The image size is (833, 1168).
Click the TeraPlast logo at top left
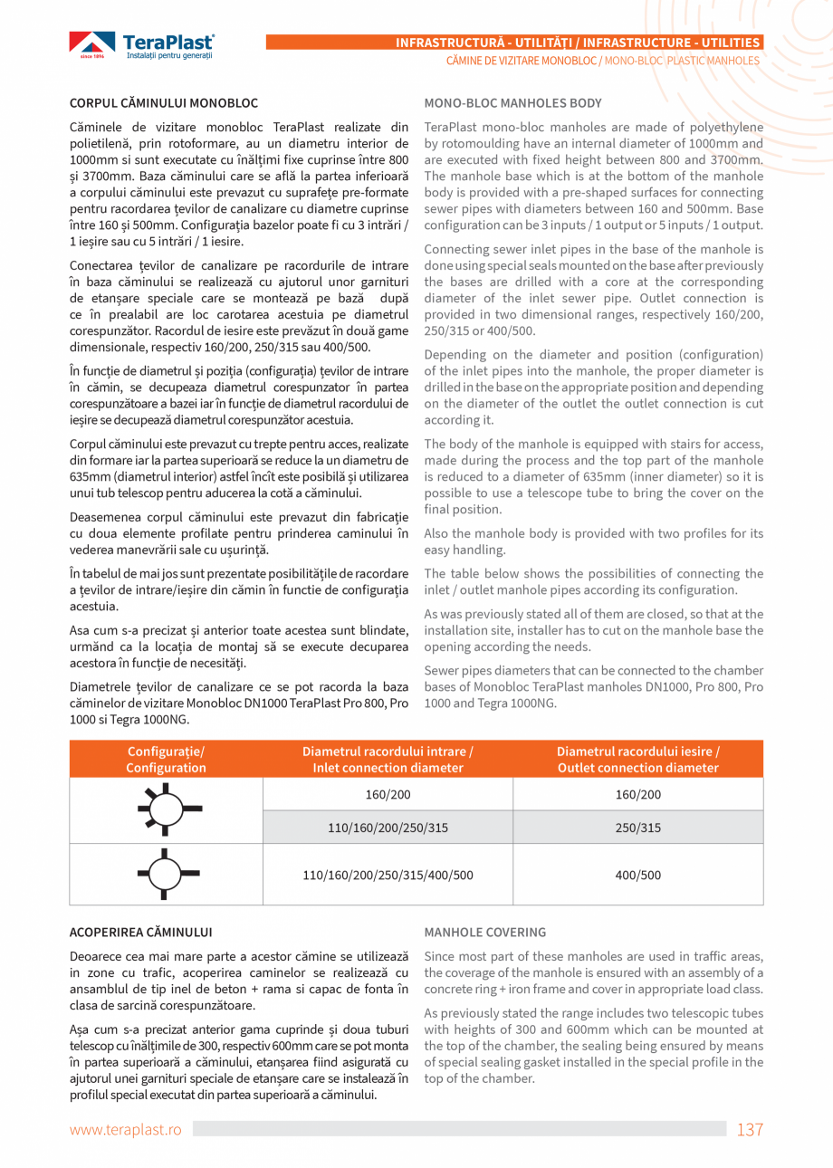pyautogui.click(x=142, y=44)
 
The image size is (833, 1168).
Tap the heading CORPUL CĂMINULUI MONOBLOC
pyautogui.click(x=164, y=103)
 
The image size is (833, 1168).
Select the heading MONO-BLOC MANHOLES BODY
pyautogui.click(x=512, y=103)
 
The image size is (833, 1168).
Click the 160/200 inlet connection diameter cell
pyautogui.click(x=388, y=795)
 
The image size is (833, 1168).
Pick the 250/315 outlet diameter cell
pyautogui.click(x=638, y=828)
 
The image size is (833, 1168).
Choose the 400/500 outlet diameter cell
pyautogui.click(x=638, y=875)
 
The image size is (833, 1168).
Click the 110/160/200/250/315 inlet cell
pyautogui.click(x=388, y=828)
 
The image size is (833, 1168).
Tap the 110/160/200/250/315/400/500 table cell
pyautogui.click(x=388, y=875)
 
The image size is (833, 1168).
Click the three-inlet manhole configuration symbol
pyautogui.click(x=168, y=874)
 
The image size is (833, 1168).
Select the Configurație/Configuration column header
pyautogui.click(x=167, y=760)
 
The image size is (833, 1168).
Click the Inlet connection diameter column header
pyautogui.click(x=388, y=760)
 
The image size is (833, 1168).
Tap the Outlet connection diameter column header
pyautogui.click(x=638, y=760)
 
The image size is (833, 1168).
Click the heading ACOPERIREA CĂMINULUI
pyautogui.click(x=141, y=932)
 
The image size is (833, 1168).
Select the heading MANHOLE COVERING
pyautogui.click(x=485, y=932)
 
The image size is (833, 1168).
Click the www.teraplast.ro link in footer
pyautogui.click(x=126, y=1130)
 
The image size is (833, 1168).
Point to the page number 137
pyautogui.click(x=750, y=1129)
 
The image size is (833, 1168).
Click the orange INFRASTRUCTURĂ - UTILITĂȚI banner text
pyautogui.click(x=578, y=43)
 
